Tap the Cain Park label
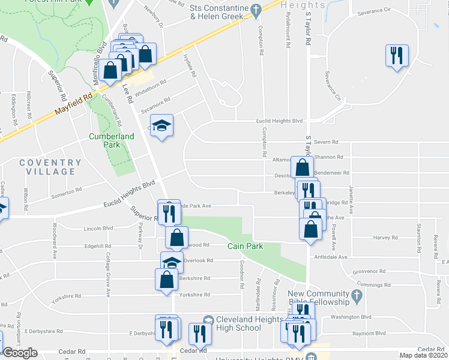[x=243, y=247]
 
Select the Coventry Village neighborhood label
[x=50, y=167]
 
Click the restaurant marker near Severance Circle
[x=397, y=56]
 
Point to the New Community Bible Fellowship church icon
[x=357, y=295]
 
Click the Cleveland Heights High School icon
[x=208, y=320]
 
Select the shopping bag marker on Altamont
[x=302, y=166]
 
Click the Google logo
[x=20, y=353]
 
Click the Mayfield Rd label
[x=74, y=103]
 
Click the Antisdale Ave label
[x=331, y=257]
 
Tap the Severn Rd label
[x=327, y=142]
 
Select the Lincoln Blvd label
[x=99, y=229]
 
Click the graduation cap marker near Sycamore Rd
[x=161, y=126]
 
